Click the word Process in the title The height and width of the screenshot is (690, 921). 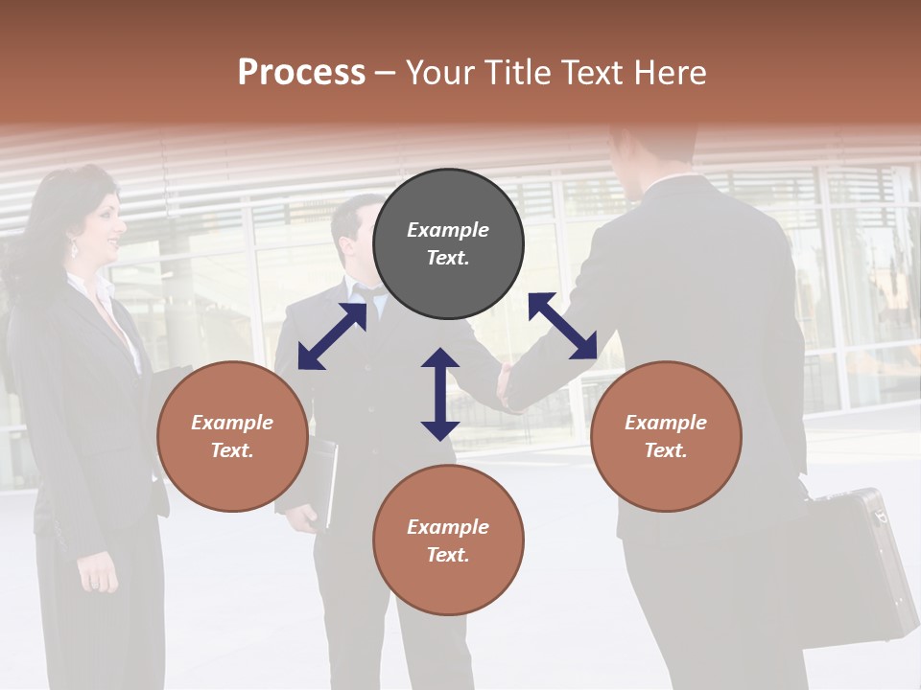[301, 73]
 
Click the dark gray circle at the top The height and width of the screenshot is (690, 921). [448, 244]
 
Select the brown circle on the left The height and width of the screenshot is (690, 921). [232, 436]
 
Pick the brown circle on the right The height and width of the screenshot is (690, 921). [666, 436]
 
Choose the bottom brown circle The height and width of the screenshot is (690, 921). [448, 540]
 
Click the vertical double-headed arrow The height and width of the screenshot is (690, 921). [440, 394]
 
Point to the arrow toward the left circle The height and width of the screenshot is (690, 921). [332, 336]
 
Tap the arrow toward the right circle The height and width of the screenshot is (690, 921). [562, 326]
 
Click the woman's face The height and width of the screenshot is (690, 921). [102, 226]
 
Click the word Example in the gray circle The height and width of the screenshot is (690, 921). [448, 230]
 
